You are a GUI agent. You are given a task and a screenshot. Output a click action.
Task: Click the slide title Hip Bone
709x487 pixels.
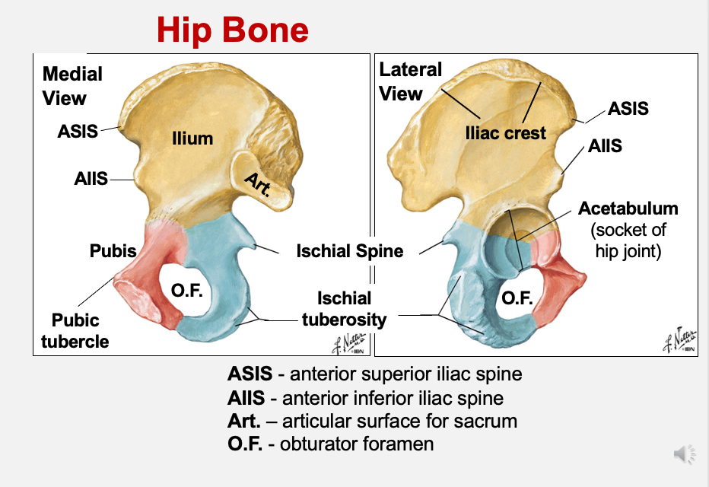[233, 29]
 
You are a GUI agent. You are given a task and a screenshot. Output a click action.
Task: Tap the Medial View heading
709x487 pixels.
[72, 86]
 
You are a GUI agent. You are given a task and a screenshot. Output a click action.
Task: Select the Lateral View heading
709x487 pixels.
[410, 81]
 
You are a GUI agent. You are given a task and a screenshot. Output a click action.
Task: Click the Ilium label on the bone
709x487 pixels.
[192, 138]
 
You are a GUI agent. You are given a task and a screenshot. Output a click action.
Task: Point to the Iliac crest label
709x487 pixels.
[505, 133]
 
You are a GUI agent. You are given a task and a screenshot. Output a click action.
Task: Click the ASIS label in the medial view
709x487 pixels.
[78, 131]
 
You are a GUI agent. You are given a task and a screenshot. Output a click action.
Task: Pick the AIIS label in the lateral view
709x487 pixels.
[605, 145]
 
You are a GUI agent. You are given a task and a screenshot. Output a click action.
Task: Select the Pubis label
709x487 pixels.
[113, 250]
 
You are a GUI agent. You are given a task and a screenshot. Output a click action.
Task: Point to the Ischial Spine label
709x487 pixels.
[349, 250]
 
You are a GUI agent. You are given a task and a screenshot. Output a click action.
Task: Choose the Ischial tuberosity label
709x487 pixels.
[344, 309]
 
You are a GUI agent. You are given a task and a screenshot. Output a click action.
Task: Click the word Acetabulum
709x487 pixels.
[628, 208]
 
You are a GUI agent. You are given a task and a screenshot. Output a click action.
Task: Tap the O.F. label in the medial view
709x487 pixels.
[186, 291]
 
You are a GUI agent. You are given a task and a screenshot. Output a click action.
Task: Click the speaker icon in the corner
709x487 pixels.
[684, 454]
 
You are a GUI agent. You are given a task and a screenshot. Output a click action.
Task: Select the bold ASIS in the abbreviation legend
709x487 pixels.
[246, 374]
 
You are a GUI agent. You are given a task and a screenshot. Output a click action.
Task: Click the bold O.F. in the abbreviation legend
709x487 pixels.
[245, 443]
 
